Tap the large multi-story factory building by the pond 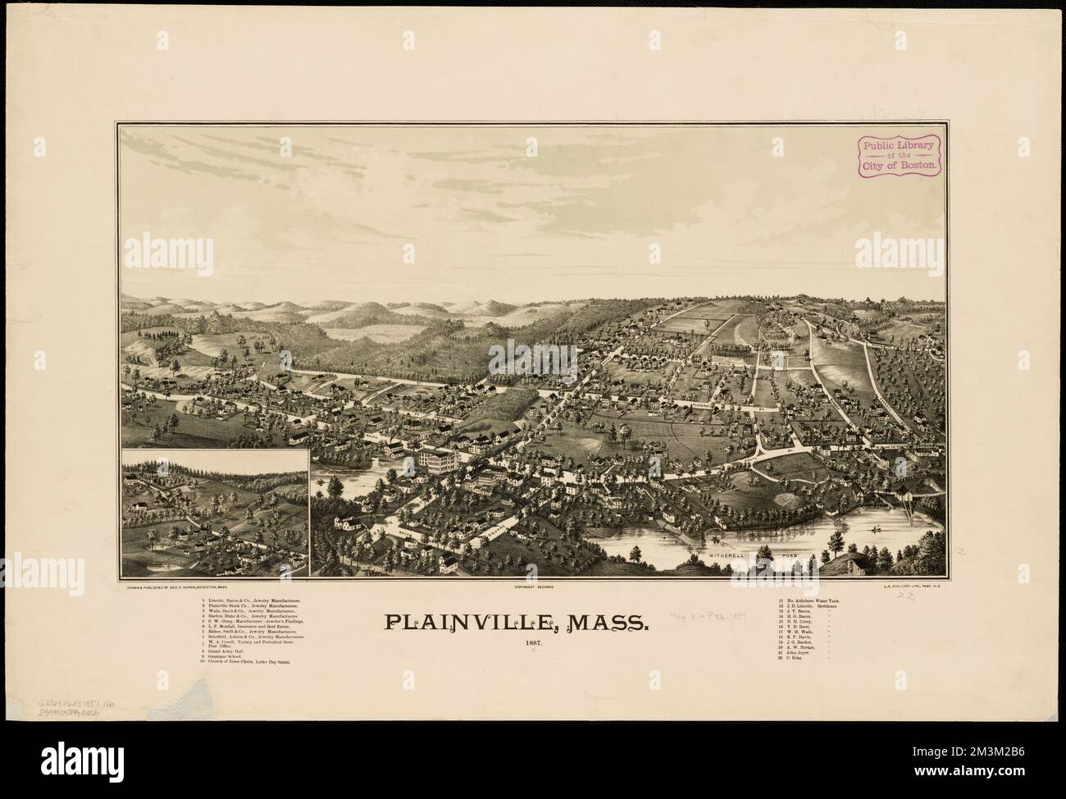[438, 460]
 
